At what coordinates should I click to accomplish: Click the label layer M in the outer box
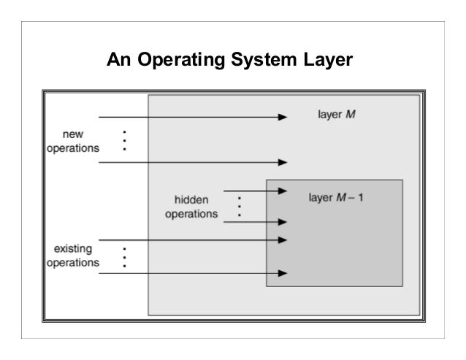337,116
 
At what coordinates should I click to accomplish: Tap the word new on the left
72,134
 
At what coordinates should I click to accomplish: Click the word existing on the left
73,249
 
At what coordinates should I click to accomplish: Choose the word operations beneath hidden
191,214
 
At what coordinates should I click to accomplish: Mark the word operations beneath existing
73,263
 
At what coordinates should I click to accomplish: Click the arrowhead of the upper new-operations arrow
283,117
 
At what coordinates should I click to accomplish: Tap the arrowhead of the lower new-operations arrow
283,162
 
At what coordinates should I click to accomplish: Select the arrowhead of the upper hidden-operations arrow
283,191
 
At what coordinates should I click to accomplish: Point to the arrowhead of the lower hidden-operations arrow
283,222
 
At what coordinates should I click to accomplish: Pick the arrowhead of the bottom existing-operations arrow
283,274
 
